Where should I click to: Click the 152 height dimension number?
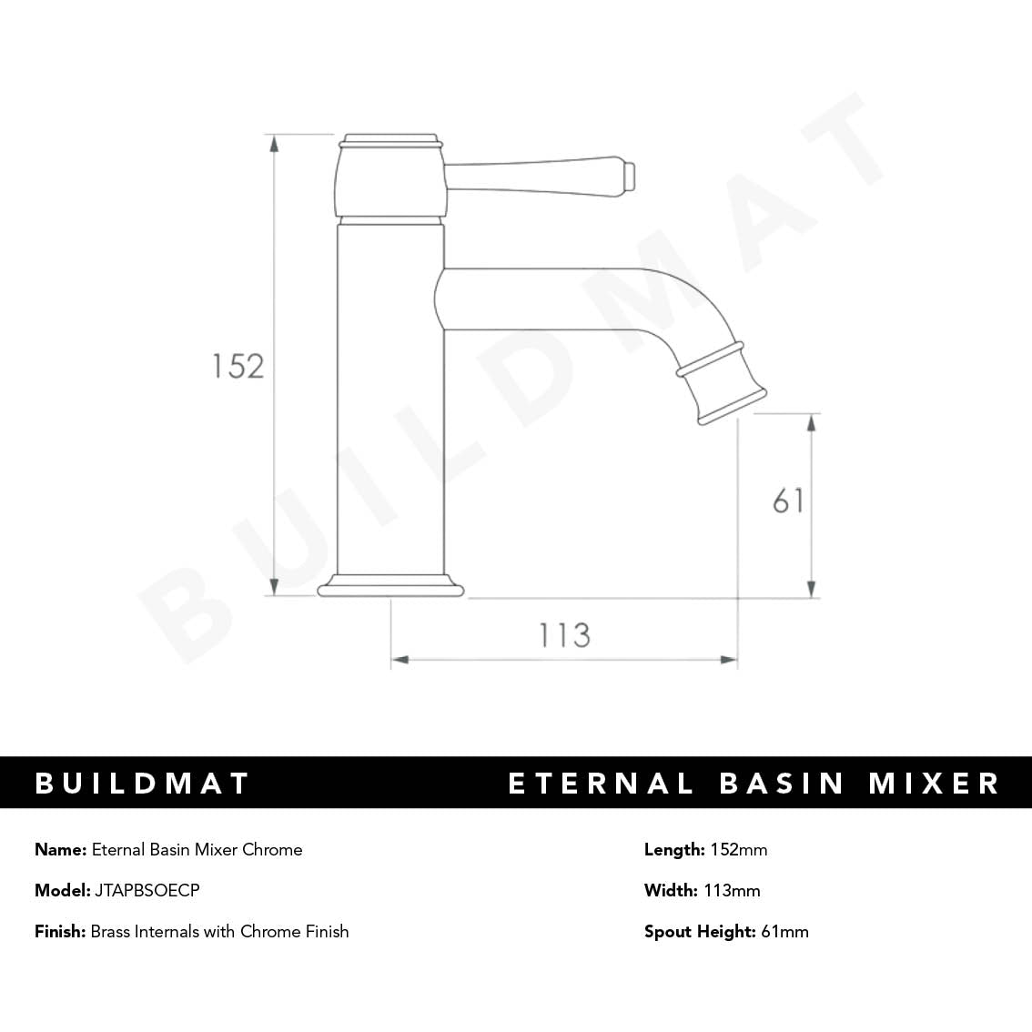[x=238, y=366]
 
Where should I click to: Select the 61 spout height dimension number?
[x=788, y=501]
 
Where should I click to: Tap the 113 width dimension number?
[x=564, y=634]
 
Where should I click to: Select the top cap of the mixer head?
[x=390, y=140]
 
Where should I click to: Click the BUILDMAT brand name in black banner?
[x=143, y=784]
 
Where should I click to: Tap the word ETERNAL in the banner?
[x=601, y=784]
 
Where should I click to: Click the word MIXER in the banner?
[x=934, y=784]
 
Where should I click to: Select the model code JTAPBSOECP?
[x=147, y=890]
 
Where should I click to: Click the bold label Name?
[x=60, y=850]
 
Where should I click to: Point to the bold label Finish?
[x=60, y=931]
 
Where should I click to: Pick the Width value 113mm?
[x=732, y=890]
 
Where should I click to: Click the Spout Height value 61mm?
[x=784, y=931]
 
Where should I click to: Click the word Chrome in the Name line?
[x=272, y=850]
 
